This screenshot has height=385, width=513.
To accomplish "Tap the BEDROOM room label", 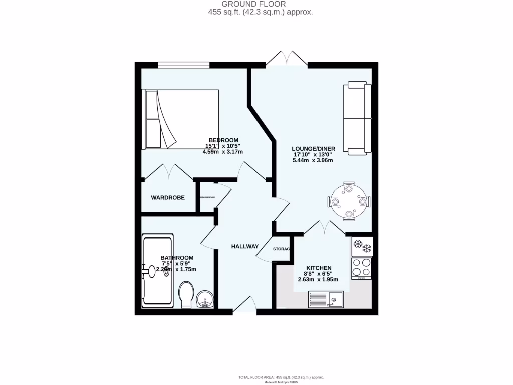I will pyautogui.click(x=223, y=140).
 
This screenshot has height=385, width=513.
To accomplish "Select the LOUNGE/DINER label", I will pyautogui.click(x=314, y=149).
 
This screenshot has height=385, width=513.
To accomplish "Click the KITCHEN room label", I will pyautogui.click(x=319, y=268).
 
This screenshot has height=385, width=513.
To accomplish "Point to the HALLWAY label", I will pyautogui.click(x=244, y=246).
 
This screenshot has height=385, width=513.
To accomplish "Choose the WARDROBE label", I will pyautogui.click(x=168, y=198).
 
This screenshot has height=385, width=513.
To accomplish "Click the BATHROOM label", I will pyautogui.click(x=177, y=258).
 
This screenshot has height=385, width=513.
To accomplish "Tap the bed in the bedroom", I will pyautogui.click(x=182, y=119).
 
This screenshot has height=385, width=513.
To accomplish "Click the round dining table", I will pyautogui.click(x=349, y=202).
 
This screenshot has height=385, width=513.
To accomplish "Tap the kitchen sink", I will pyautogui.click(x=325, y=301).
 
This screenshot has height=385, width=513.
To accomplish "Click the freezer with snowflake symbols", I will pyautogui.click(x=362, y=246).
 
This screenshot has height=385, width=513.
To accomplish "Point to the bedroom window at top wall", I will pyautogui.click(x=183, y=65).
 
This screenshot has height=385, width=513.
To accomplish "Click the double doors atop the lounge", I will pyautogui.click(x=287, y=59).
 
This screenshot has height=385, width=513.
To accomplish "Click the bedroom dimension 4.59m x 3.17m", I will pyautogui.click(x=222, y=152).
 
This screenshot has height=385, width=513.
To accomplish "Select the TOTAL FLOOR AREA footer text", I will pyautogui.click(x=281, y=377).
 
